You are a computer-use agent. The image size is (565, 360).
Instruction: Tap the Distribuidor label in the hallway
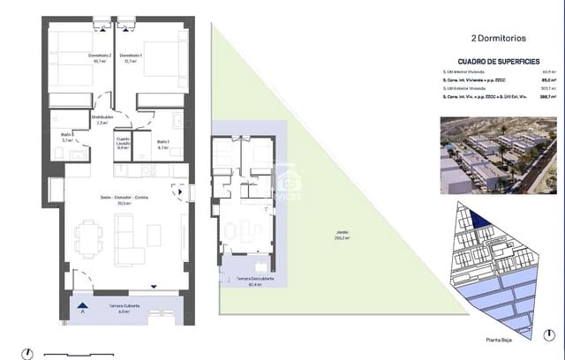click(102, 120)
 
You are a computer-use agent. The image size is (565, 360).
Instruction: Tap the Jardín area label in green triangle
click(341, 235)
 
